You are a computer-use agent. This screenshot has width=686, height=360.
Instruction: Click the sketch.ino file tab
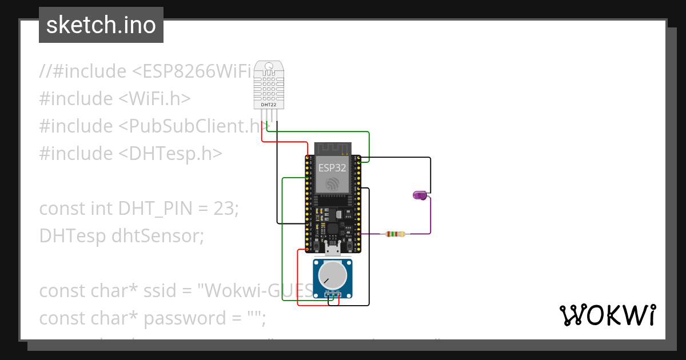[x=101, y=25]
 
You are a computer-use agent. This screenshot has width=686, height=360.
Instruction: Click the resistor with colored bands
[x=395, y=234]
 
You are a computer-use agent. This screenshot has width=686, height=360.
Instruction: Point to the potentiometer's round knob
[x=332, y=275]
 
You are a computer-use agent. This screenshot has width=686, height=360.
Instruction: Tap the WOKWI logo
[x=607, y=315]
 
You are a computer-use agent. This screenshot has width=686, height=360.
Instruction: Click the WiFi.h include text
[x=154, y=99]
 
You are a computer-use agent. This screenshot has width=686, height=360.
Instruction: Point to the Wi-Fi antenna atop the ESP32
[x=332, y=149]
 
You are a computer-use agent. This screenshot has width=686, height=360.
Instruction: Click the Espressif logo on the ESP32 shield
[x=332, y=184]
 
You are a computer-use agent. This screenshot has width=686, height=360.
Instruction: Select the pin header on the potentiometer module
[x=332, y=295]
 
